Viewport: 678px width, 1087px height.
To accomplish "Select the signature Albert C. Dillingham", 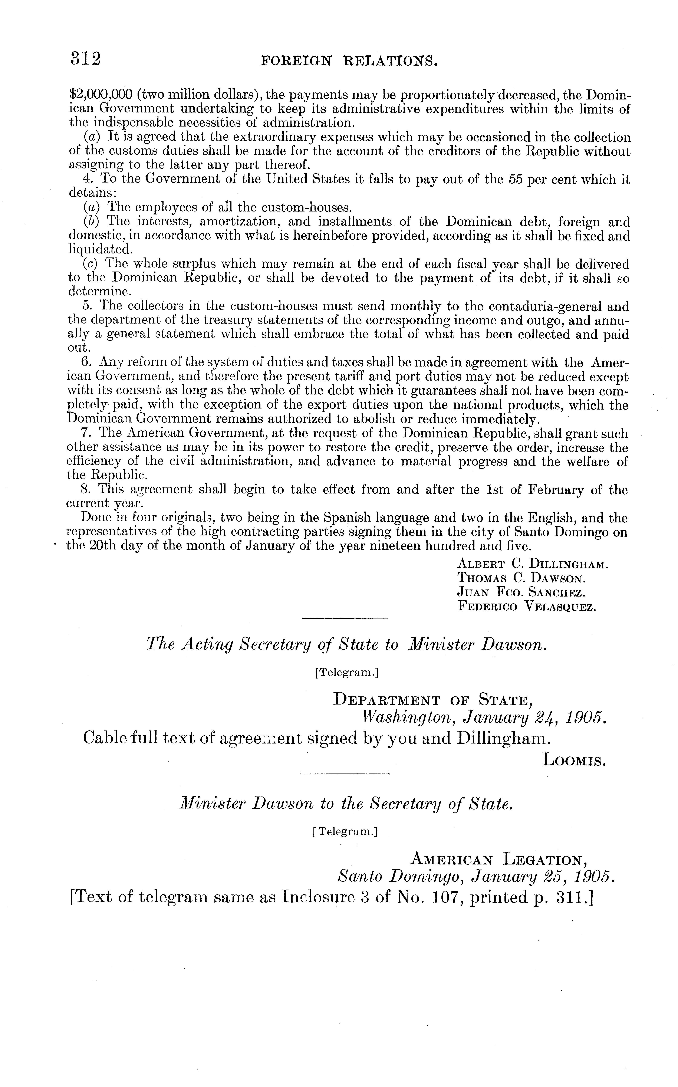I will [x=532, y=565].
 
